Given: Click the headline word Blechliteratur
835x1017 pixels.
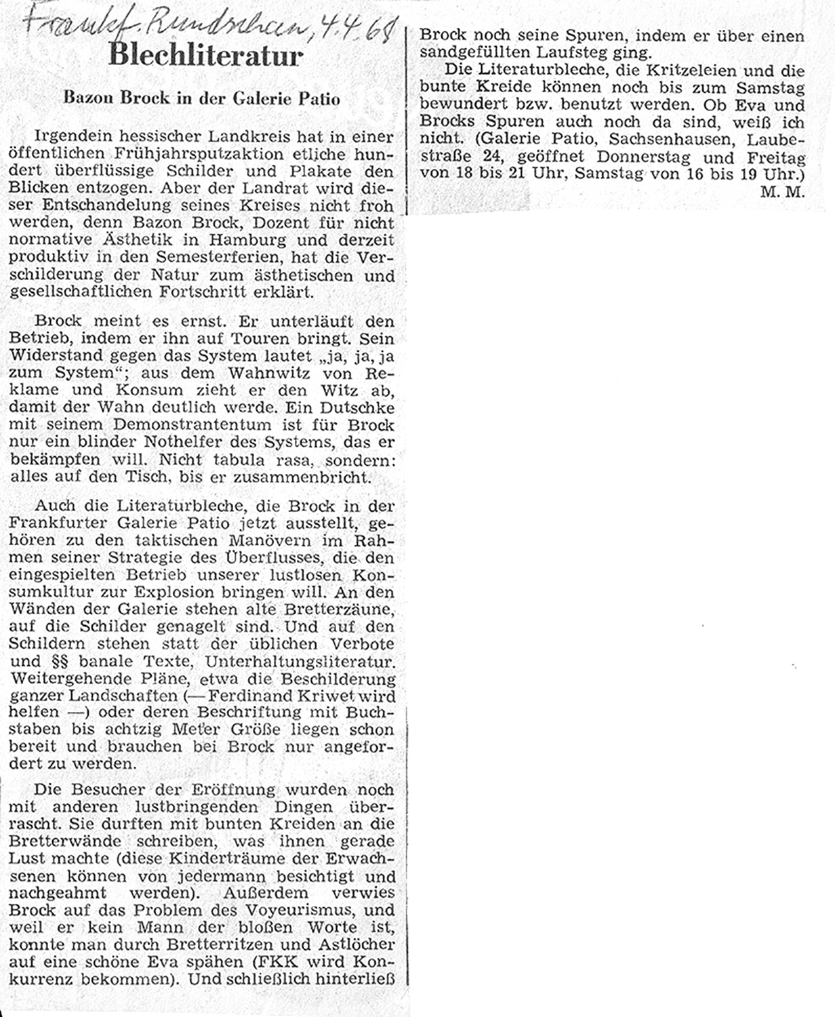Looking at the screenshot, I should [x=205, y=56].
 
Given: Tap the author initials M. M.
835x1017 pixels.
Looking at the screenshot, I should [x=781, y=192].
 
